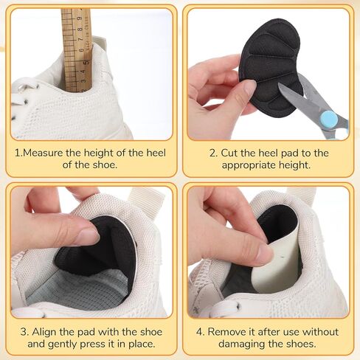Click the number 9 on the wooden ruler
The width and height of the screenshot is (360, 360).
(x=80, y=19)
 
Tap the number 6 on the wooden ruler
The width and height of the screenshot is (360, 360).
(x=81, y=50)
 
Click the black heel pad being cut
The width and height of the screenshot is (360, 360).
(x=271, y=72)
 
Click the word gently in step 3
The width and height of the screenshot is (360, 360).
(x=62, y=344)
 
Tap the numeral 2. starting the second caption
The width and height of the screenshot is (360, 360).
(x=214, y=153)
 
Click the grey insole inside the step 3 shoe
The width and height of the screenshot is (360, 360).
(x=81, y=290)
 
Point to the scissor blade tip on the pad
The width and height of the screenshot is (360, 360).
(x=279, y=85)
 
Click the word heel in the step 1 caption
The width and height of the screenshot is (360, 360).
(x=156, y=153)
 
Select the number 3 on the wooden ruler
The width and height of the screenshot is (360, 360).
(x=84, y=80)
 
